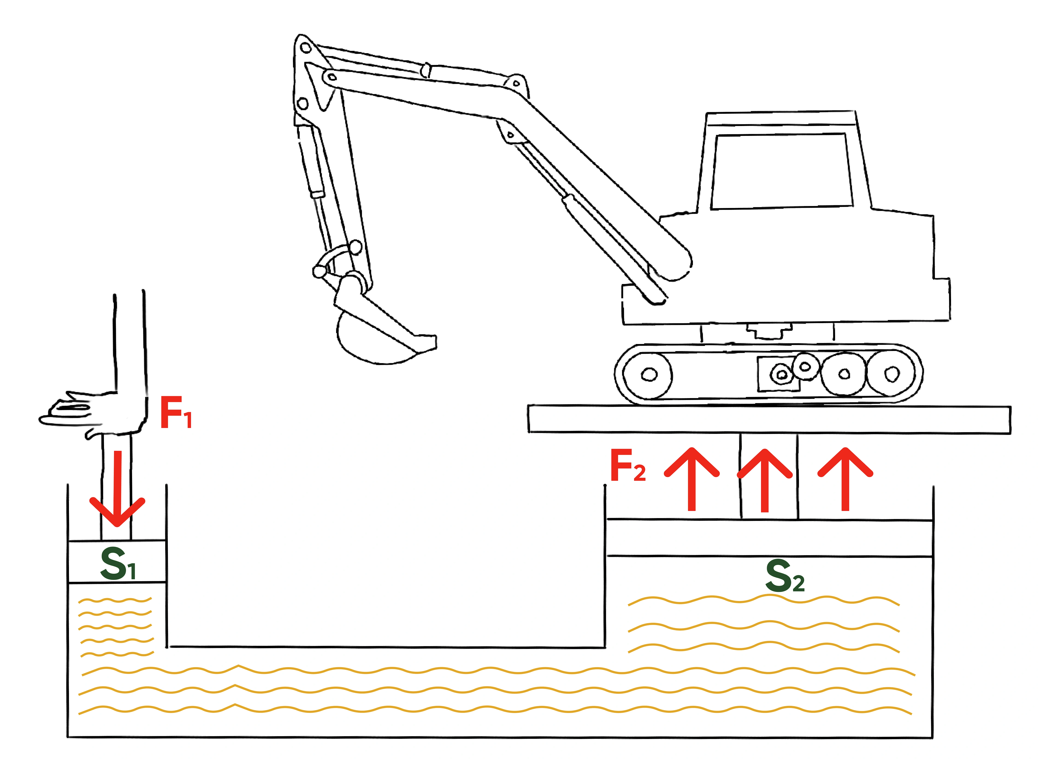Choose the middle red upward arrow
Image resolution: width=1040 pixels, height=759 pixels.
pos(765,480)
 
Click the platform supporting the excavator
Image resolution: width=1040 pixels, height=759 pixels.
pos(768,419)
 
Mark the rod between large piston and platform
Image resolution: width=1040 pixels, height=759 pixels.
pos(769,478)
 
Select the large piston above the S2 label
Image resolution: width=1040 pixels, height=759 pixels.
pos(769,537)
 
